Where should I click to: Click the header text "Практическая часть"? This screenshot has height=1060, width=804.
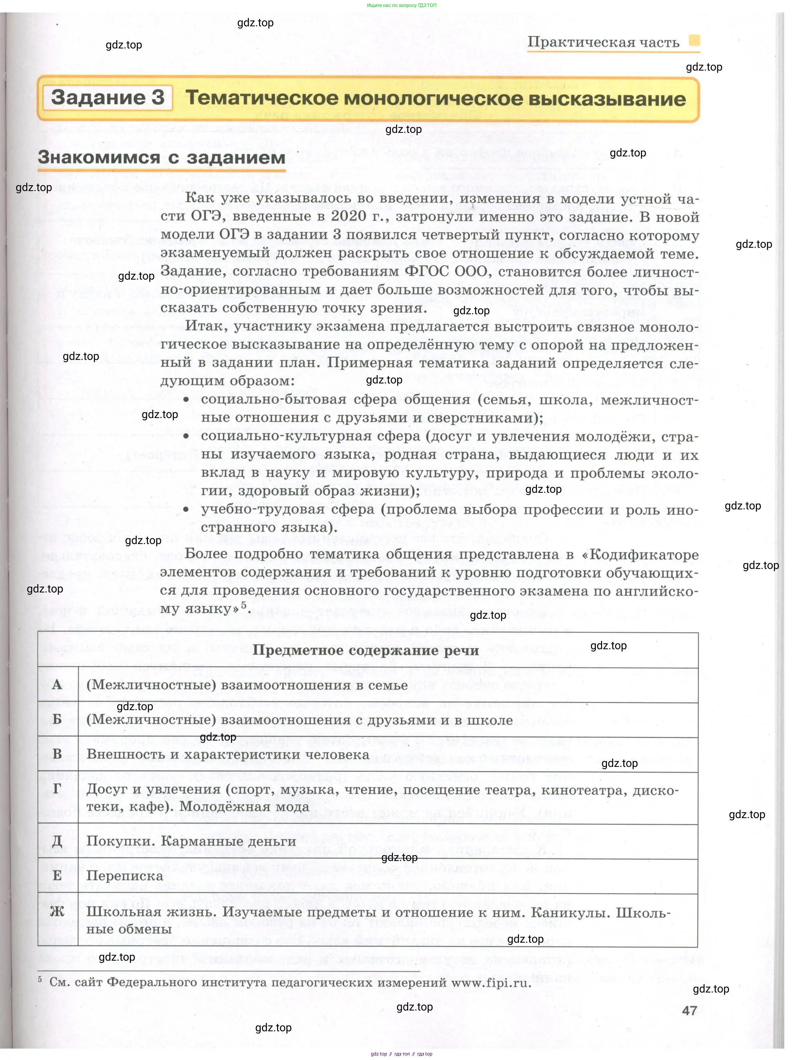click(x=603, y=42)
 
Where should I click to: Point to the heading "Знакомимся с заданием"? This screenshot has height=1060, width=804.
click(x=162, y=157)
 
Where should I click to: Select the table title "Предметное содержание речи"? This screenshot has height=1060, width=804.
click(x=365, y=650)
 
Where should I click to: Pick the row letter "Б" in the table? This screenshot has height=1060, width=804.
click(x=57, y=719)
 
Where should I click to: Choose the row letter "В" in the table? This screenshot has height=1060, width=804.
click(x=57, y=754)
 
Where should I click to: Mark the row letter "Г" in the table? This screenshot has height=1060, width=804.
click(x=57, y=789)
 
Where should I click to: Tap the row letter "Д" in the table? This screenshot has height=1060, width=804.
click(x=57, y=841)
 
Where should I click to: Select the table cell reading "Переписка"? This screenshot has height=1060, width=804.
click(x=125, y=876)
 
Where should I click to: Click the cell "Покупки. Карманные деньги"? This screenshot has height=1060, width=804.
click(x=191, y=841)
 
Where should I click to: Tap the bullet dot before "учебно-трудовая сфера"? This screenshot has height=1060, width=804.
click(x=186, y=510)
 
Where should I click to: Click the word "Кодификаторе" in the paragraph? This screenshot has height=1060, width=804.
click(x=644, y=554)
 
